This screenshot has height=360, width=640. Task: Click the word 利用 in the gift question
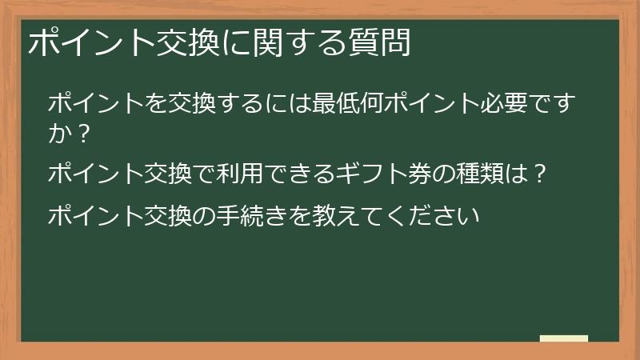point(241,173)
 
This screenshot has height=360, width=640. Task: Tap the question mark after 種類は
point(540,173)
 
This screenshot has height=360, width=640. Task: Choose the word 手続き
point(241,214)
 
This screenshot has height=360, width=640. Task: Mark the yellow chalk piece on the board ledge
point(563,338)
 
